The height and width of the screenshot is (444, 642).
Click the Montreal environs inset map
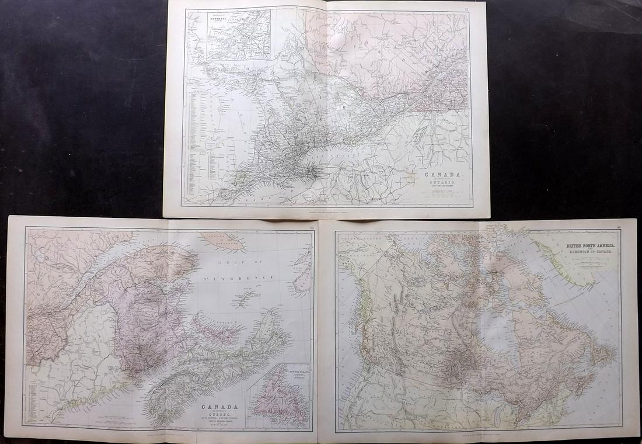(x=241, y=34)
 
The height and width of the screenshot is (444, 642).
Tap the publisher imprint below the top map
(x=327, y=212)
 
